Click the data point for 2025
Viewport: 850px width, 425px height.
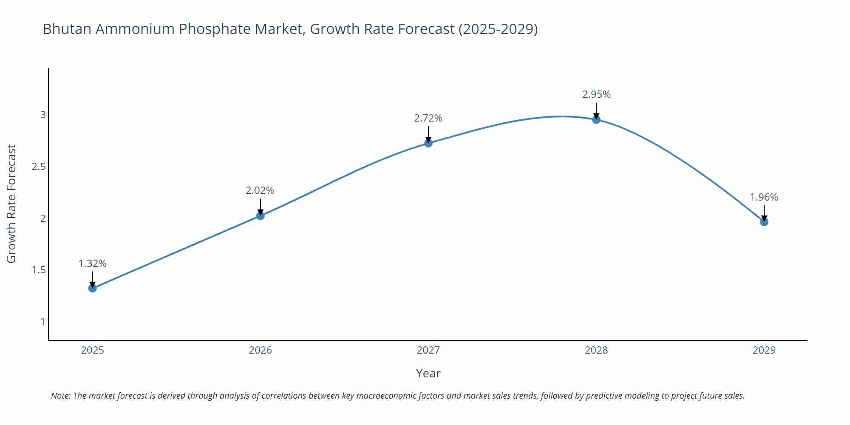[93, 288]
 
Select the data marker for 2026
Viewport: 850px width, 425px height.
[261, 216]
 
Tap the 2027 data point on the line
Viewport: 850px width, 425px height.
[428, 143]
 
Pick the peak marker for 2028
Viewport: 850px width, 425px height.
[596, 119]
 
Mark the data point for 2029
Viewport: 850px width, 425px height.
[764, 222]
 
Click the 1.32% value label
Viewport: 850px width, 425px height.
[93, 263]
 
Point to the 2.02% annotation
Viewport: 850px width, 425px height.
[260, 190]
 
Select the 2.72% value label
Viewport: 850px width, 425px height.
[428, 118]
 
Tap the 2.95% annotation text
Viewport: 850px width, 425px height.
[596, 94]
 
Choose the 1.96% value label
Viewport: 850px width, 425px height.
[764, 197]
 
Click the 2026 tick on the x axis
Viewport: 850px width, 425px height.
[261, 350]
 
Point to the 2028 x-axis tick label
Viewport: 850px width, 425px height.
[596, 350]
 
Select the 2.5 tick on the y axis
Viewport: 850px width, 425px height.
[39, 167]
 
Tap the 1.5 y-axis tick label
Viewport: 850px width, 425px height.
[39, 270]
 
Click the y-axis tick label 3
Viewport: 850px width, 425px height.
[43, 115]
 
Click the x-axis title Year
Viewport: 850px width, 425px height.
[428, 373]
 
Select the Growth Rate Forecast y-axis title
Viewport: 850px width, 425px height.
[11, 204]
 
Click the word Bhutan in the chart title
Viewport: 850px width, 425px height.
[66, 29]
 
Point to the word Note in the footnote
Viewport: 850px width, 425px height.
[60, 396]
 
